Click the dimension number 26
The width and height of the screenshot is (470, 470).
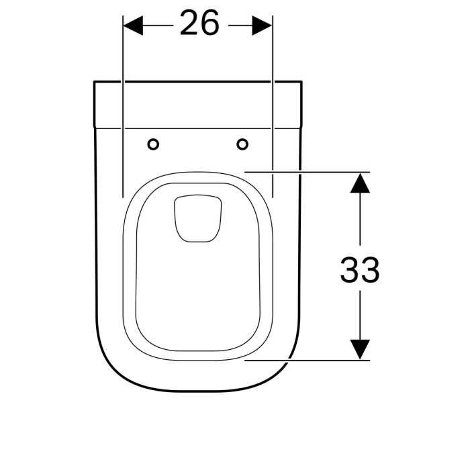[x=199, y=25]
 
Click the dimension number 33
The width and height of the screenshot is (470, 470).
[x=360, y=271]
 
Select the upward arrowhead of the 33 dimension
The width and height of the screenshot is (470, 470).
[x=361, y=183]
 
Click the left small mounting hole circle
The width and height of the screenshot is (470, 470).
[x=153, y=144]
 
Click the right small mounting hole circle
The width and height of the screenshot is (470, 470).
[x=242, y=144]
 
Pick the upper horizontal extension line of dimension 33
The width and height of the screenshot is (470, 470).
[x=309, y=172]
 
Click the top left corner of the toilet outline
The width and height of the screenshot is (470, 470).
[x=94, y=83]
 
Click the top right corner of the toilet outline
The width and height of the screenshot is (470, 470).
[x=301, y=83]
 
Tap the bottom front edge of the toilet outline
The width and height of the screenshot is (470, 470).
[x=197, y=390]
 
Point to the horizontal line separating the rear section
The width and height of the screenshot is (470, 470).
[x=197, y=128]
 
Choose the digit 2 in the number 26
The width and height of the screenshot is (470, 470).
[x=189, y=25]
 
